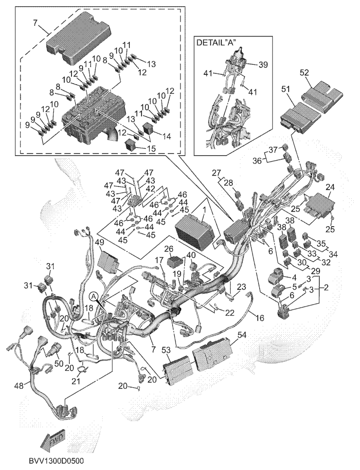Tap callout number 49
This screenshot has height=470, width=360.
(x=100, y=242)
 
